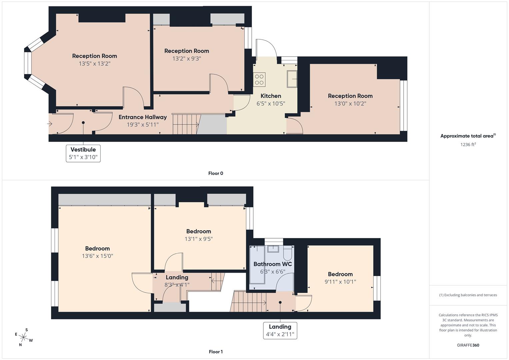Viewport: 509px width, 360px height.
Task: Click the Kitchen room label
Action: pyautogui.click(x=271, y=96)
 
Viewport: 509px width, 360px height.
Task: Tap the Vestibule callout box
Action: pyautogui.click(x=83, y=153)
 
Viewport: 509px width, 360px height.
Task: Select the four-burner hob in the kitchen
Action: pyautogui.click(x=259, y=79)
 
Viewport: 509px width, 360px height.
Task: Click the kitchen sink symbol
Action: pyautogui.click(x=292, y=79)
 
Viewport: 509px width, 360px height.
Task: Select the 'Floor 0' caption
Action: pyautogui.click(x=215, y=173)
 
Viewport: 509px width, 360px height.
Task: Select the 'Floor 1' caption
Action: pyautogui.click(x=215, y=352)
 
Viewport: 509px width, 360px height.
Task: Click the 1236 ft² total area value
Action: pyautogui.click(x=468, y=145)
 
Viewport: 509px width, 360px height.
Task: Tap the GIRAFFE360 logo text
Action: pyautogui.click(x=468, y=345)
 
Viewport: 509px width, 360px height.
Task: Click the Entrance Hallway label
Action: pyautogui.click(x=142, y=117)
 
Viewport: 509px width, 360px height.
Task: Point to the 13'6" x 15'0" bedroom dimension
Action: pyautogui.click(x=97, y=256)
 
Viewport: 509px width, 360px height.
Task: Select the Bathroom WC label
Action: pyautogui.click(x=272, y=264)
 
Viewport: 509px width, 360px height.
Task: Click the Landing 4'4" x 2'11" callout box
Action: pyautogui.click(x=280, y=330)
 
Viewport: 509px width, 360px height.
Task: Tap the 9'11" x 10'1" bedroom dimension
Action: pyautogui.click(x=340, y=282)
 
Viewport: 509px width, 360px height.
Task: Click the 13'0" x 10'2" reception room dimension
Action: pyautogui.click(x=350, y=104)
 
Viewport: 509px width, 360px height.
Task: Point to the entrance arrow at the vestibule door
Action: pyautogui.click(x=50, y=124)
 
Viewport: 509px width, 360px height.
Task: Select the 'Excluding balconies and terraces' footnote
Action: pyautogui.click(x=468, y=295)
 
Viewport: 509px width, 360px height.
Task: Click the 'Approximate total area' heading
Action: pyautogui.click(x=468, y=136)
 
